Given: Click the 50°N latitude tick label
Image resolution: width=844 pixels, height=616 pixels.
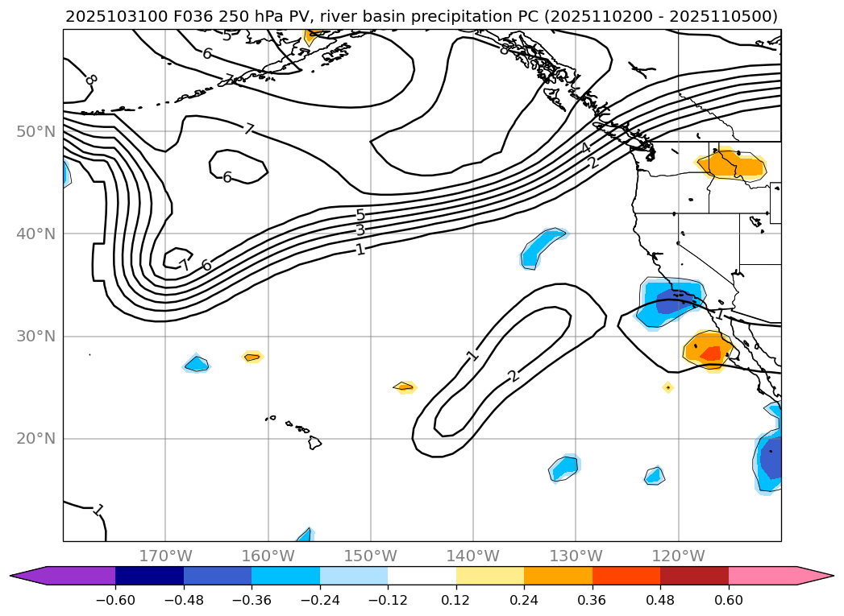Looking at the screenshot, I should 35,131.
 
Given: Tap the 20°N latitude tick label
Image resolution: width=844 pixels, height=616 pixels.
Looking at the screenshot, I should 35,439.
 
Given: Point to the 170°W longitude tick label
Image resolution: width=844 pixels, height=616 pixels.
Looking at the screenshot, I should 165,556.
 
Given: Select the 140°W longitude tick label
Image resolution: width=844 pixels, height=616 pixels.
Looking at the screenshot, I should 473,556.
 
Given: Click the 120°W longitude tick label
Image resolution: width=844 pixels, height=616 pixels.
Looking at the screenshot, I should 678,556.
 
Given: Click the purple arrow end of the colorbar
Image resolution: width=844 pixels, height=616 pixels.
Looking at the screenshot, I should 28,575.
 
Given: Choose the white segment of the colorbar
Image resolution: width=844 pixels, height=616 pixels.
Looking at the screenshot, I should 422,575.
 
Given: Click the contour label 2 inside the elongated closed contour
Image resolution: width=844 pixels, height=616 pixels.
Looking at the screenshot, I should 513,376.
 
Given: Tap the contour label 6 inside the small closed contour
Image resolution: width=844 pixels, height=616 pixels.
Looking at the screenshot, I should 227,177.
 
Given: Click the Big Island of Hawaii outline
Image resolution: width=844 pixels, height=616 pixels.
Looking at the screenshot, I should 314,442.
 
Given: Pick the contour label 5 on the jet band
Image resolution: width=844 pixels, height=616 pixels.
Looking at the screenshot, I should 360,215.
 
